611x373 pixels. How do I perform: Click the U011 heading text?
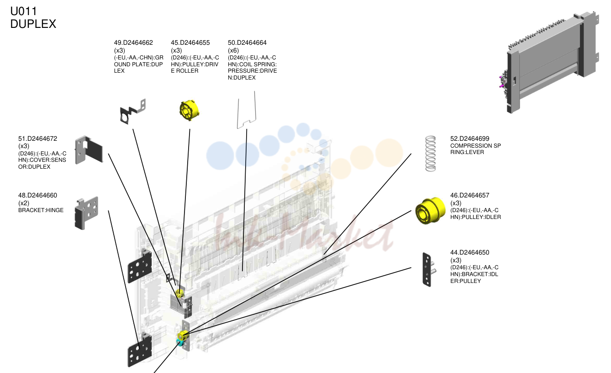tap(23, 11)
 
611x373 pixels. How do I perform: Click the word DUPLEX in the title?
tap(33, 24)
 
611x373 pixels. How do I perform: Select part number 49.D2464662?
tap(133, 43)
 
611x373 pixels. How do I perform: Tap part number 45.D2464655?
tap(190, 43)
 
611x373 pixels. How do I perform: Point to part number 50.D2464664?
tap(247, 43)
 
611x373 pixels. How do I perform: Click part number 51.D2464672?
tap(37, 139)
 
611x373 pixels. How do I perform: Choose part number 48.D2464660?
tap(37, 196)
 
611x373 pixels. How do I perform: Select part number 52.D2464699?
tap(470, 139)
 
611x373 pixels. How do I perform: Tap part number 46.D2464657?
tap(470, 196)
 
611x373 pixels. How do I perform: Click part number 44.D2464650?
tap(470, 253)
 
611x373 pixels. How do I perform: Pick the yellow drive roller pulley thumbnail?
tap(189, 110)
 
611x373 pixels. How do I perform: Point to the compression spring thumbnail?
tap(431, 154)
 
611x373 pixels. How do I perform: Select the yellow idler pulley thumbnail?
tap(430, 211)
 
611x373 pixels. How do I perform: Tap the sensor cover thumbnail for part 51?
tap(89, 149)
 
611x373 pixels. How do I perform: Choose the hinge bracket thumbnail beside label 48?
tap(86, 213)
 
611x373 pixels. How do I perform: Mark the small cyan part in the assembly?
tap(179, 342)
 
